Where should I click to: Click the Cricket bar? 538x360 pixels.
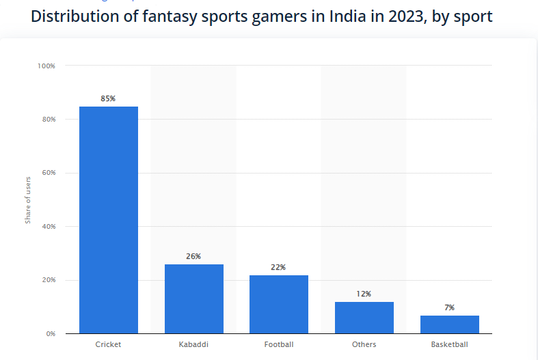coord(108,219)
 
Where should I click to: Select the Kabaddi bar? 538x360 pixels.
coord(193,299)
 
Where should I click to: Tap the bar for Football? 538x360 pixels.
coord(278,304)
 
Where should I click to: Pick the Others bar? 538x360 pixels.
coord(364,317)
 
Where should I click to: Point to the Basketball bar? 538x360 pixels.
coord(449,324)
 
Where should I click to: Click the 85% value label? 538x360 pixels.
coord(108,98)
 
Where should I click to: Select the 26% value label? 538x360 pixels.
coord(193,256)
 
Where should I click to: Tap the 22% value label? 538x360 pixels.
coord(278,267)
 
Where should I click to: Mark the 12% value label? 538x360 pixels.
coord(364,294)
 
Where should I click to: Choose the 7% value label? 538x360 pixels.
coord(449,307)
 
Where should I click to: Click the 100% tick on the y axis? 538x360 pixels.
coord(46,66)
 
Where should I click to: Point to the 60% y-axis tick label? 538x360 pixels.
coord(48,173)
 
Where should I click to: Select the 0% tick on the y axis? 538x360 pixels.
coord(51,333)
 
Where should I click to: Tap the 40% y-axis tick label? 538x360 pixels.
coord(48,226)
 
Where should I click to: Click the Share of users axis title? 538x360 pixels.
coord(28,199)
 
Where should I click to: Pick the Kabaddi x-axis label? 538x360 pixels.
coord(193,345)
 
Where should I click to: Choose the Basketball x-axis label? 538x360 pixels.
coord(449,345)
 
